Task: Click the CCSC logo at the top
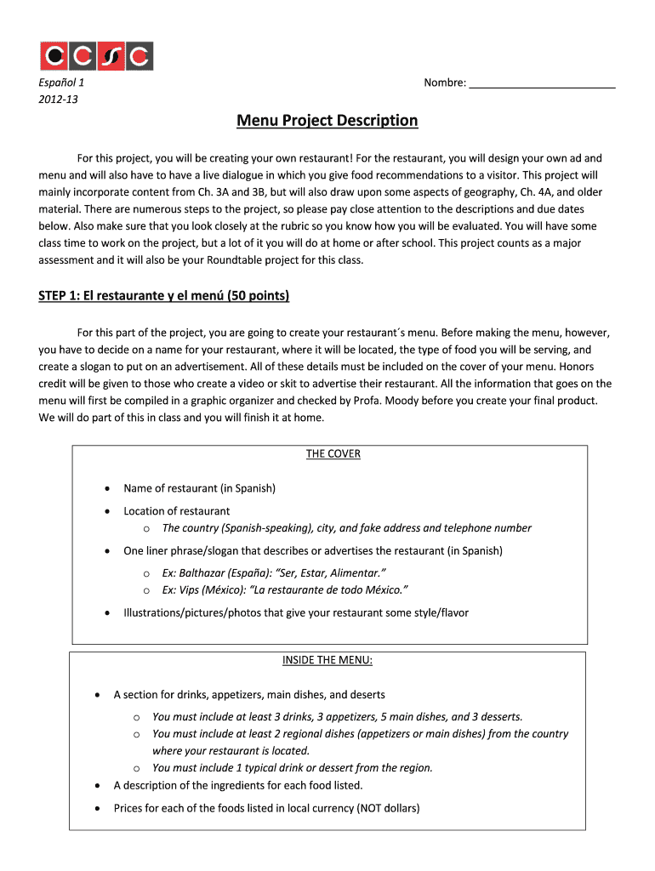[96, 56]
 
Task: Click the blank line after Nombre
[542, 83]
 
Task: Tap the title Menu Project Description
[327, 121]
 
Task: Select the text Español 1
[60, 83]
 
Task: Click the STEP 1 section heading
[164, 296]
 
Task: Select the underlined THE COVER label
[333, 454]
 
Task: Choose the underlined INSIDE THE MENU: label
[327, 661]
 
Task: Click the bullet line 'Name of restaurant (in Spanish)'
[199, 488]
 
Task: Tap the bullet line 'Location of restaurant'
[176, 511]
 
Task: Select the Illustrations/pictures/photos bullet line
[295, 612]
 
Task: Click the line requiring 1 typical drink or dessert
[292, 767]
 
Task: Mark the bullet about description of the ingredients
[237, 785]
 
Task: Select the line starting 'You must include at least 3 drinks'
[337, 717]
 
